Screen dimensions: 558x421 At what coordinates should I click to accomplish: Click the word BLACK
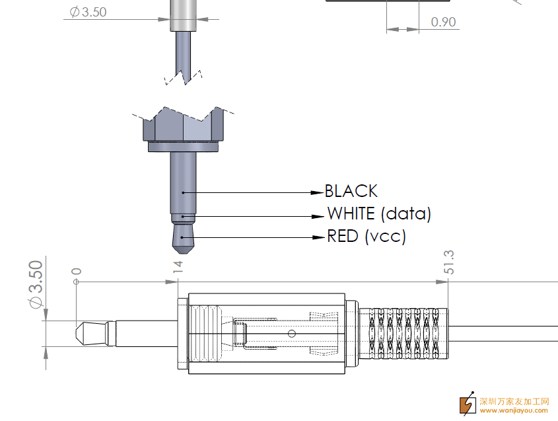pyautogui.click(x=351, y=191)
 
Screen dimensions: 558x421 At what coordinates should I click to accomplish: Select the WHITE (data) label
pyautogui.click(x=379, y=213)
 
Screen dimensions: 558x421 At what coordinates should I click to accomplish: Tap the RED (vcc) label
pyautogui.click(x=366, y=237)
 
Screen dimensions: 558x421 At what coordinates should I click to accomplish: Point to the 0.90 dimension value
pyautogui.click(x=443, y=22)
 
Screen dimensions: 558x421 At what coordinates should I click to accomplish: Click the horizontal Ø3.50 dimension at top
pyautogui.click(x=88, y=12)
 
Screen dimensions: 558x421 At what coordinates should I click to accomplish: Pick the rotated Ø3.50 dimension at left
pyautogui.click(x=36, y=284)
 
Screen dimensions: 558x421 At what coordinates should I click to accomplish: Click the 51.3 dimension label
pyautogui.click(x=449, y=262)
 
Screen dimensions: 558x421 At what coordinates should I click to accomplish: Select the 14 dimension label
pyautogui.click(x=178, y=267)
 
